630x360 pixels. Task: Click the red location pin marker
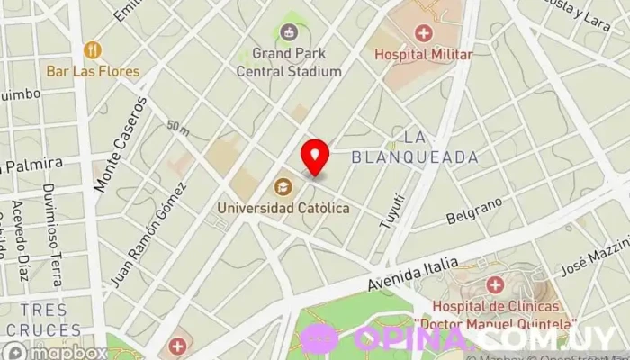pos(315,157)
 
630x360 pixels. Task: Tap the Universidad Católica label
pos(283,208)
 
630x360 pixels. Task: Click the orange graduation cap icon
pos(283,187)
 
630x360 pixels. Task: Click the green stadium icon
pos(288,33)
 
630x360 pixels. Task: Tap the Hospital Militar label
pos(423,55)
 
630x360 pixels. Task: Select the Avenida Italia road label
pos(412,272)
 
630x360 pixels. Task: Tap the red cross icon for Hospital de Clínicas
pos(494,286)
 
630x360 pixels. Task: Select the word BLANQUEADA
pos(427,157)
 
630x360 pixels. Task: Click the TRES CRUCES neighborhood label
pos(41,320)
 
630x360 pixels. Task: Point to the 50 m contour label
pos(177,130)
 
